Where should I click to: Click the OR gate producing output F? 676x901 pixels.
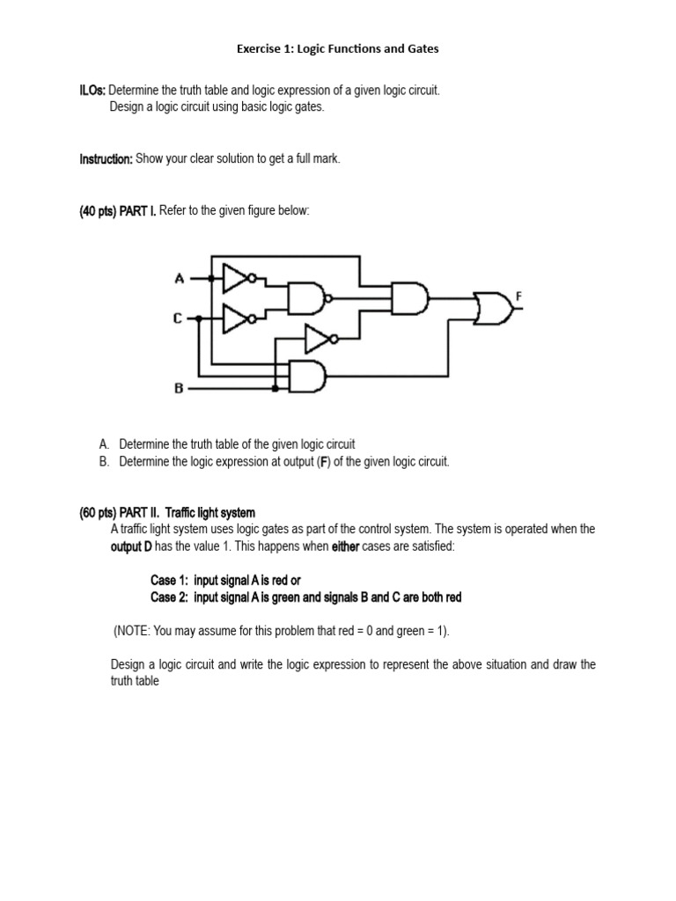click(491, 308)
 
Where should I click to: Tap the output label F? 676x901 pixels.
click(519, 297)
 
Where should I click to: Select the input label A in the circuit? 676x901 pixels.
click(180, 279)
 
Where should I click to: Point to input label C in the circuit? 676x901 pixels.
click(178, 319)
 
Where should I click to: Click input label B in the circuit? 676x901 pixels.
click(179, 388)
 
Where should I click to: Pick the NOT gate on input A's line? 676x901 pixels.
click(239, 279)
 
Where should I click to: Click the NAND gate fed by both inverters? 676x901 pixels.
click(306, 299)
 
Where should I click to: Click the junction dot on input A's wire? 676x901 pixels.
click(210, 279)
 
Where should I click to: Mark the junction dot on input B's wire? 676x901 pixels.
click(275, 388)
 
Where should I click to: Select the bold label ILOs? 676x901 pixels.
click(92, 91)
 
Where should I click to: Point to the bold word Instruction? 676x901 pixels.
click(106, 158)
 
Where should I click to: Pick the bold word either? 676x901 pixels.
click(345, 546)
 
